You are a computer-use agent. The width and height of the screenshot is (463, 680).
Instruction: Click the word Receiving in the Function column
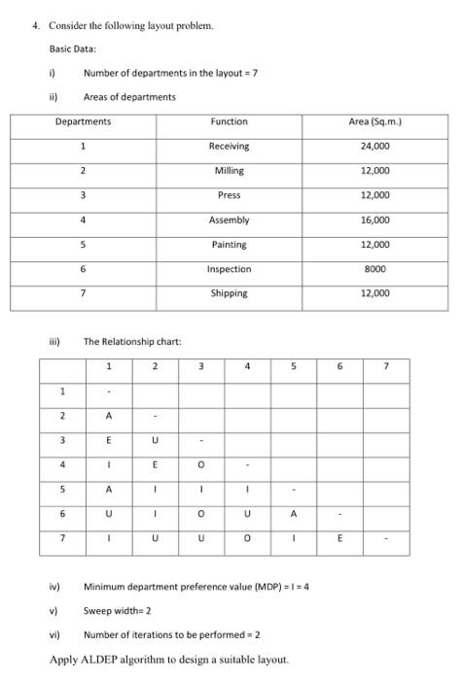(x=229, y=146)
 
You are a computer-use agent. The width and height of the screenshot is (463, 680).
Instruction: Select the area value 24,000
(x=374, y=146)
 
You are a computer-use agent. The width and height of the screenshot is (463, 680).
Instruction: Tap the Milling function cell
(x=229, y=170)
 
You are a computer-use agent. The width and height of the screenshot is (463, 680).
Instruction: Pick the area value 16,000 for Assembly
(x=374, y=220)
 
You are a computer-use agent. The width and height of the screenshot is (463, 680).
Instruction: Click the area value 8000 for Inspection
(x=374, y=268)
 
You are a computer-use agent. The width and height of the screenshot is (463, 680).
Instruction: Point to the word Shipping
(x=229, y=292)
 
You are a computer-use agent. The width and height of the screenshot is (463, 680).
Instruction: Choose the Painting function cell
(x=229, y=244)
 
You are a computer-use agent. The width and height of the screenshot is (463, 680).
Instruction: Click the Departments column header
(x=83, y=121)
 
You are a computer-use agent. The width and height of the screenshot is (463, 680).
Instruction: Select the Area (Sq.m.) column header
(x=374, y=121)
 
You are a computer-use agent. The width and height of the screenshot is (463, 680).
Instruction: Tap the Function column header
(x=229, y=121)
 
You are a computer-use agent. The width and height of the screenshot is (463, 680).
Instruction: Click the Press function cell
(x=229, y=195)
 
